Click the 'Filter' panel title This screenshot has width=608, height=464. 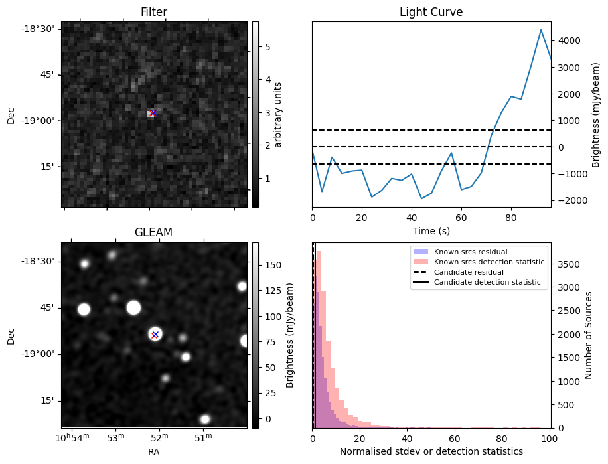[x=153, y=12]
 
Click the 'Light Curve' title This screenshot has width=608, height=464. [x=431, y=12]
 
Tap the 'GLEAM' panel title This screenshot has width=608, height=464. [x=153, y=232]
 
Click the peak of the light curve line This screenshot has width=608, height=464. [x=541, y=30]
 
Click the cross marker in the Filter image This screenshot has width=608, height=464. [x=153, y=113]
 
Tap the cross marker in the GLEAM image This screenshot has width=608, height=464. [x=155, y=334]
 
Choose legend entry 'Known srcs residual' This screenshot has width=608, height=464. [x=470, y=252]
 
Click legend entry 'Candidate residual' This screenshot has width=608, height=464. [x=469, y=273]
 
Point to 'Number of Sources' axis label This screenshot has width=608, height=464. [x=589, y=335]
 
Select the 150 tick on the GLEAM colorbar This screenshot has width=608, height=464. [x=271, y=264]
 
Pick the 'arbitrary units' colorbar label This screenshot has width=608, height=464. [x=279, y=114]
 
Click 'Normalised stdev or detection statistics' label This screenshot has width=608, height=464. [x=431, y=451]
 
